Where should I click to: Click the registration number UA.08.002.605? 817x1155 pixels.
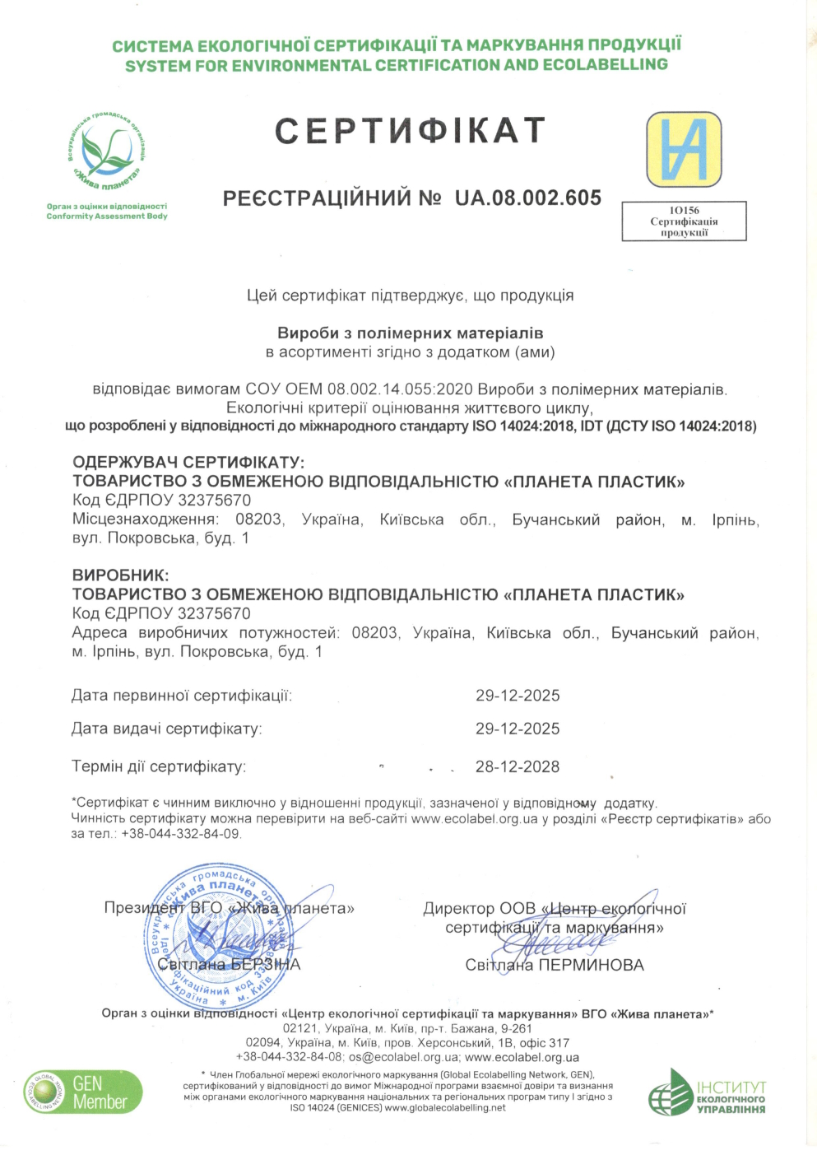tap(527, 198)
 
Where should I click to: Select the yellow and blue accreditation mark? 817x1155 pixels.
tap(683, 150)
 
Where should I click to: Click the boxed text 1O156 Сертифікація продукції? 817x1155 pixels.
tap(684, 221)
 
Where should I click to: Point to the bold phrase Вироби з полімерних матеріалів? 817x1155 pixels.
tap(410, 333)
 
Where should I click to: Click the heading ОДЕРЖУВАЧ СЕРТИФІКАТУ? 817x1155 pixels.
tap(188, 463)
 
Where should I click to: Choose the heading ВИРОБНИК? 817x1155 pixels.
tap(120, 575)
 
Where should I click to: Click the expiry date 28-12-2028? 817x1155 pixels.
tap(518, 767)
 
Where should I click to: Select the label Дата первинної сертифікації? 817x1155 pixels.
tap(182, 696)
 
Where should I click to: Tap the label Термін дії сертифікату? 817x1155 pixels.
tap(159, 767)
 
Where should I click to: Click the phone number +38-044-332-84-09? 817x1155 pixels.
tap(180, 834)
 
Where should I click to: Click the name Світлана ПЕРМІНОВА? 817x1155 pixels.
tap(555, 965)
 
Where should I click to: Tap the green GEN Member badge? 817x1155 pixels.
tap(83, 1092)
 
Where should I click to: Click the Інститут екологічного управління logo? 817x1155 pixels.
tap(707, 1092)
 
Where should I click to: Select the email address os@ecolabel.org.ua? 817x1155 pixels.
tap(404, 1057)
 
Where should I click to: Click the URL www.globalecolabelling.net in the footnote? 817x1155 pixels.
tap(445, 1108)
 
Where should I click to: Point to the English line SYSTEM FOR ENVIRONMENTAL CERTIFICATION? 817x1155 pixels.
tap(397, 65)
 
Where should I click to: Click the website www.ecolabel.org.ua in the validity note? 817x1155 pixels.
tap(474, 819)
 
